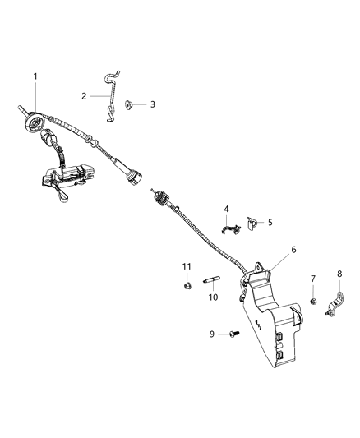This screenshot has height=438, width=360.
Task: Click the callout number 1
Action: tap(35, 76)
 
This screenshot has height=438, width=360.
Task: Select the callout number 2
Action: tap(84, 96)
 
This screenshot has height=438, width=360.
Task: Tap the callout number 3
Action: tap(151, 104)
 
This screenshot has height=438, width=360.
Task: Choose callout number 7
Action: tap(313, 279)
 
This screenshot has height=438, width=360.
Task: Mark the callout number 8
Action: tap(339, 274)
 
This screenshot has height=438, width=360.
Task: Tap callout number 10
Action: tap(213, 297)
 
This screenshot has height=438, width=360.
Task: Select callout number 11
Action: tap(186, 266)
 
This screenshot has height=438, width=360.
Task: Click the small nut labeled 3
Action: tap(129, 104)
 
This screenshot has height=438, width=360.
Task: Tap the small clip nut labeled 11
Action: tap(187, 286)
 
